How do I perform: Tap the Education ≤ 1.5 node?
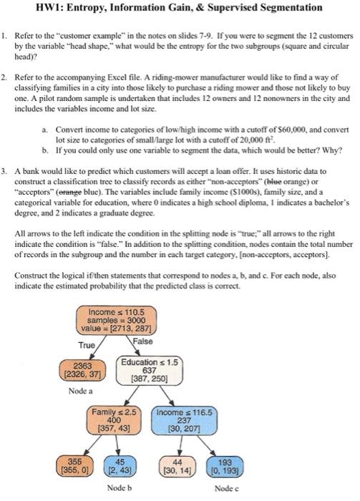[x=150, y=370]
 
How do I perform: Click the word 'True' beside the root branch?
[x=87, y=345]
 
